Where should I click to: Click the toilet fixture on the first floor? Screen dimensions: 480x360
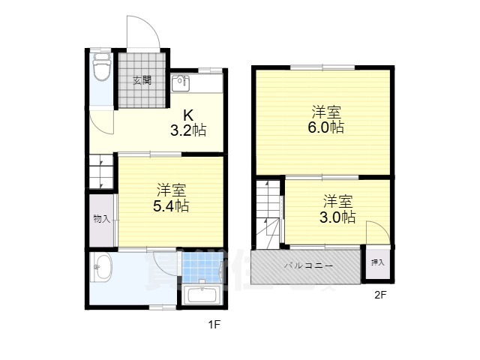pyautogui.click(x=102, y=67)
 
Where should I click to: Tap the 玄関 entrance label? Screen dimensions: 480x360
pyautogui.click(x=142, y=81)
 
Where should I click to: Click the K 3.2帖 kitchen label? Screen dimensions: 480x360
pyautogui.click(x=188, y=123)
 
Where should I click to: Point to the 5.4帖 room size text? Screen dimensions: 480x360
pyautogui.click(x=171, y=206)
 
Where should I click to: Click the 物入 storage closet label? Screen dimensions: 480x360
pyautogui.click(x=102, y=219)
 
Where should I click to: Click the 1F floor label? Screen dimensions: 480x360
pyautogui.click(x=214, y=325)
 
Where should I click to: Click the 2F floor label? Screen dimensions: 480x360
pyautogui.click(x=380, y=295)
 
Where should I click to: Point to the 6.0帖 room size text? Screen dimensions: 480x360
pyautogui.click(x=325, y=127)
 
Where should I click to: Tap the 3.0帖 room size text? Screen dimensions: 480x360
pyautogui.click(x=337, y=217)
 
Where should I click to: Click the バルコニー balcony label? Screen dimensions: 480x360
pyautogui.click(x=308, y=265)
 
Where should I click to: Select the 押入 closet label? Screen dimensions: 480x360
pyautogui.click(x=377, y=262)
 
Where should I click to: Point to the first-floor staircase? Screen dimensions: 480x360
pyautogui.click(x=101, y=172)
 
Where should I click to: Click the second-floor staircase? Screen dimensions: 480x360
pyautogui.click(x=268, y=214)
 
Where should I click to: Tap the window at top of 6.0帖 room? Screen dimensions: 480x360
pyautogui.click(x=322, y=67)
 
